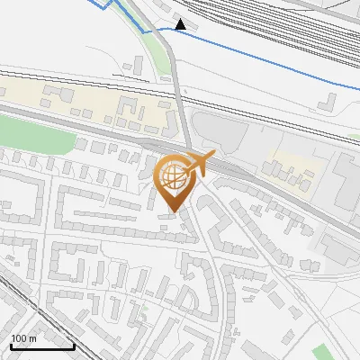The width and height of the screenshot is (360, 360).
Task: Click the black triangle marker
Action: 182,24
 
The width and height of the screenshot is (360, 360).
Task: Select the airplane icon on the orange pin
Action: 197,165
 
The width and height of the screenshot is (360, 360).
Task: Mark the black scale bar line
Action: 41,346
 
